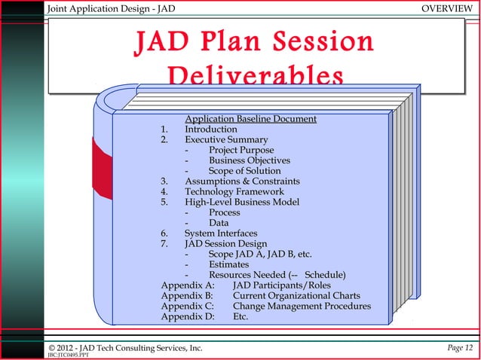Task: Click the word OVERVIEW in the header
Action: pyautogui.click(x=447, y=8)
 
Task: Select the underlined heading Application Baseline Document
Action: pyautogui.click(x=250, y=119)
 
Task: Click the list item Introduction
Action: pyautogui.click(x=211, y=130)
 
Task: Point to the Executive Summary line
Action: pyautogui.click(x=226, y=140)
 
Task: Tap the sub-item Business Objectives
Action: pyautogui.click(x=250, y=160)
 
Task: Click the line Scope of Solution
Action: pyautogui.click(x=244, y=171)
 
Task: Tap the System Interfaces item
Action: pyautogui.click(x=221, y=233)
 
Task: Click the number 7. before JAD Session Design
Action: pyautogui.click(x=165, y=244)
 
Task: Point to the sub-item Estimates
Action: pyautogui.click(x=231, y=264)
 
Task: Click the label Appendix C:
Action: pyautogui.click(x=188, y=307)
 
